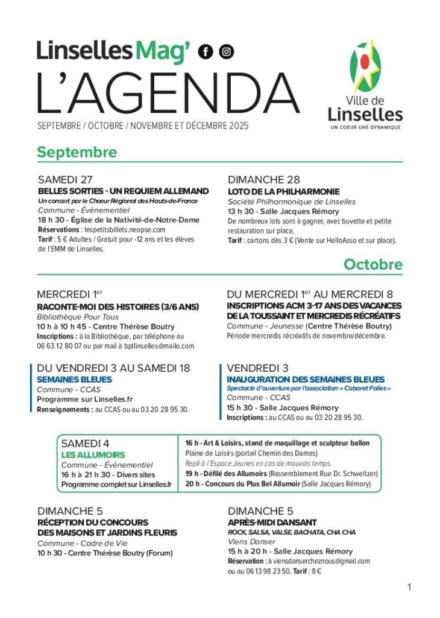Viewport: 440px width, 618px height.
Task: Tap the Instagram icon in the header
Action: (226, 52)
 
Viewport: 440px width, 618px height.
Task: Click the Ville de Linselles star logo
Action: (365, 67)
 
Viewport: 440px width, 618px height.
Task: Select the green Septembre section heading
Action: (77, 152)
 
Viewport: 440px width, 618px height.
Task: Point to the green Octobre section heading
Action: (373, 264)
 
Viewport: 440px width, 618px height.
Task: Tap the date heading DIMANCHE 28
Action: (263, 180)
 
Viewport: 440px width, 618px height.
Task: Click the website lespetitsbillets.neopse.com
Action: (125, 230)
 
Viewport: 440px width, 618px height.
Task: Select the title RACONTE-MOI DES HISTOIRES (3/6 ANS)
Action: (118, 307)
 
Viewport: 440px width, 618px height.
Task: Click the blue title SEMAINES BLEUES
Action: (74, 380)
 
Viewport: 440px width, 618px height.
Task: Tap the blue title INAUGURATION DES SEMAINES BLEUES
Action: (306, 380)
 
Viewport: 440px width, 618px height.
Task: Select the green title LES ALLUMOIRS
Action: (93, 454)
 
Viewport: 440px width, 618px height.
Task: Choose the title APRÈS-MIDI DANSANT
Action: (272, 522)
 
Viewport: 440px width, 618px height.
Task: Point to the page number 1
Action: (409, 587)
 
